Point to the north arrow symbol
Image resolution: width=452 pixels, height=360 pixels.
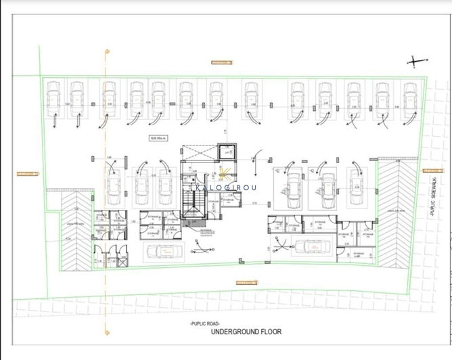[414, 62]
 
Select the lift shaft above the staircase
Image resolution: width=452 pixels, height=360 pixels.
[224, 154]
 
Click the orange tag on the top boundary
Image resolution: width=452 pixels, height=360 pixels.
[220, 62]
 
